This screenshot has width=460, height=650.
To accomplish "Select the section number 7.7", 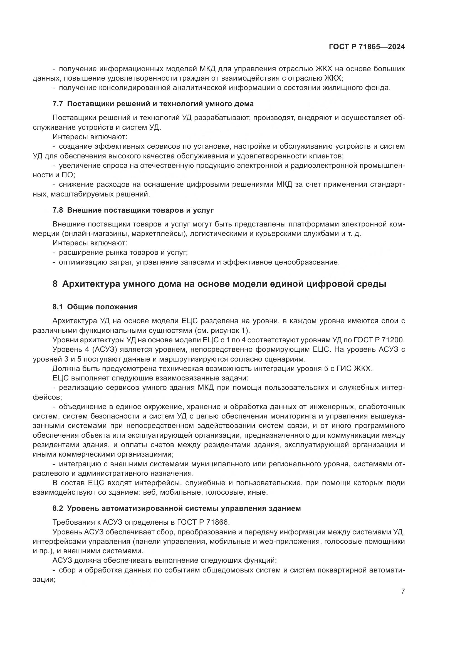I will (x=58, y=104).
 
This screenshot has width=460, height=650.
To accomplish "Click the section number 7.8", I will (x=58, y=210).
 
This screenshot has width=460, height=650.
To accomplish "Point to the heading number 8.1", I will (x=58, y=307).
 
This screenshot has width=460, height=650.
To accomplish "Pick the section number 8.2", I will (x=58, y=509).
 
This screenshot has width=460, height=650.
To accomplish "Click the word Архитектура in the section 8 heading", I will (x=90, y=284).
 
